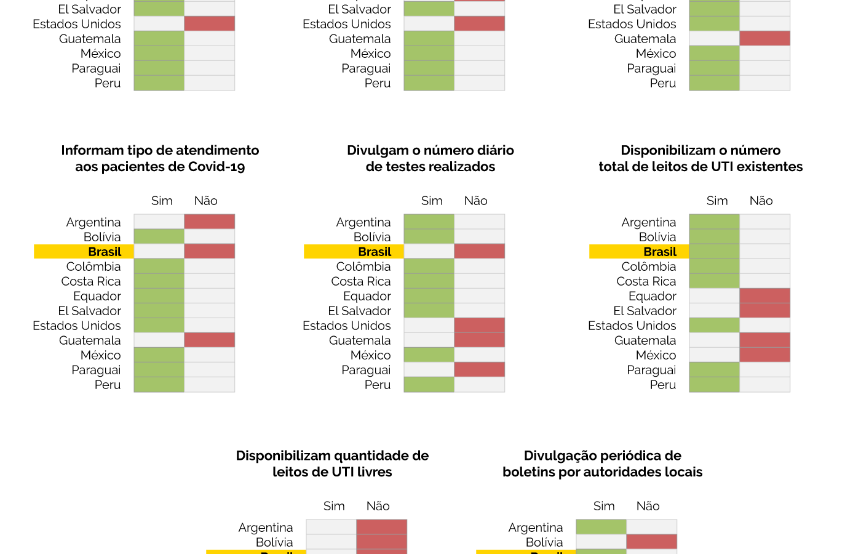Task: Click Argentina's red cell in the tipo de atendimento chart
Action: tap(209, 222)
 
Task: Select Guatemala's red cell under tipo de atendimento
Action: tap(209, 340)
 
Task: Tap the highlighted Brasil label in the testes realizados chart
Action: tap(375, 252)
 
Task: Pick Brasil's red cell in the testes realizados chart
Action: tap(479, 251)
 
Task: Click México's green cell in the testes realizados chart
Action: tap(429, 355)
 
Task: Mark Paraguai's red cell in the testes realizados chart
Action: tap(479, 369)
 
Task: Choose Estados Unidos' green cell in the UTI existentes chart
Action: tap(714, 325)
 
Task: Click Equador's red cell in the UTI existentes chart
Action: tap(764, 295)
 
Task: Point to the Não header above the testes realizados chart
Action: tap(475, 201)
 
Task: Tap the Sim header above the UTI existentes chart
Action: tap(717, 201)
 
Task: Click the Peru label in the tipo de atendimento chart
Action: tap(108, 385)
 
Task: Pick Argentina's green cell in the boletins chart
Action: tap(601, 527)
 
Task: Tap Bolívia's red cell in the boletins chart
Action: tap(651, 542)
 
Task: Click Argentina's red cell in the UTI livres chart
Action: tap(381, 527)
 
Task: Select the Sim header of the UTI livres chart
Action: tap(334, 506)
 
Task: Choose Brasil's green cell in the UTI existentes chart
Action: tap(714, 251)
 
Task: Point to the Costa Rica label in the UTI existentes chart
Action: tap(646, 281)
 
